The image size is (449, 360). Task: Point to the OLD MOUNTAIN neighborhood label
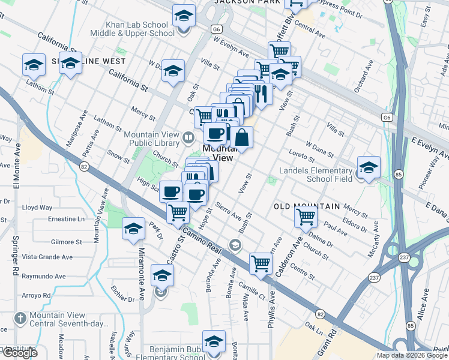307,206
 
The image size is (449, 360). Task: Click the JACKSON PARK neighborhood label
247,2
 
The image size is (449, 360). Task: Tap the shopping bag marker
241,137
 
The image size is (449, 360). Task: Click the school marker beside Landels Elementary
368,167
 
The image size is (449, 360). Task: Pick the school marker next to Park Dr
134,229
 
